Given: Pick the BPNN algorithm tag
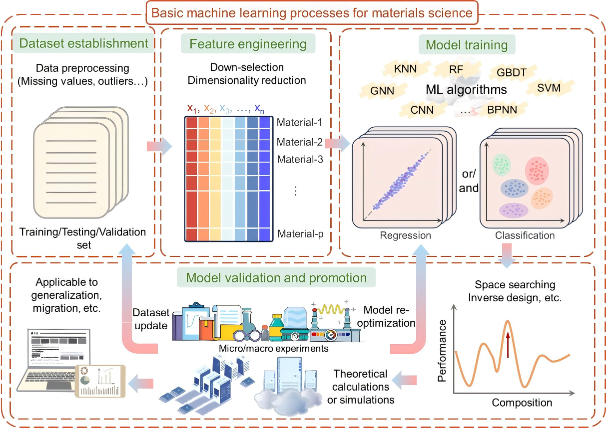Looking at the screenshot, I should click(x=503, y=109).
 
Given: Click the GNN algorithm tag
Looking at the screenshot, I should click(x=382, y=91).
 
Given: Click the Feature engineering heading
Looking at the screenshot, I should click(x=248, y=44).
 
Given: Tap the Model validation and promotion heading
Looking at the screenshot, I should click(x=276, y=277).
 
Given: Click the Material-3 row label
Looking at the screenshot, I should click(x=301, y=160).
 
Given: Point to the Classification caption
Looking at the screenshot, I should click(x=525, y=235).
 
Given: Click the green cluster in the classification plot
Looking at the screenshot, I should click(x=501, y=165).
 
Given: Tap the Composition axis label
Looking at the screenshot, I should click(x=522, y=403).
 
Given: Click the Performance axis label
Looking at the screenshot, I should click(x=442, y=351).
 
